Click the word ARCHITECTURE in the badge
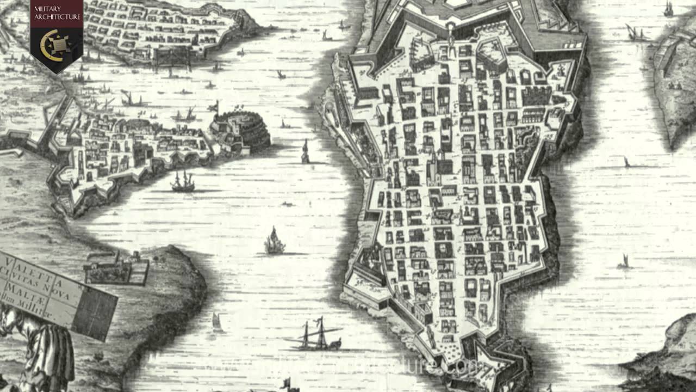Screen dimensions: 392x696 coord(57,17)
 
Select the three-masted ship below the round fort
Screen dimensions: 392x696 coord(183,182)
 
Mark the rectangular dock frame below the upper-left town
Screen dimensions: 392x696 coord(172,57)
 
